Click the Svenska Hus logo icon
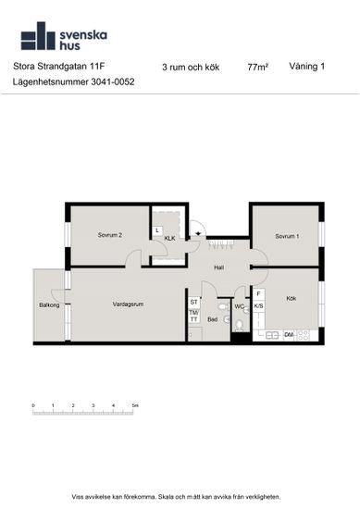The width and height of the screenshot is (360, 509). pyautogui.click(x=38, y=36)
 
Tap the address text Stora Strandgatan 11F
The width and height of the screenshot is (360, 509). pyautogui.click(x=58, y=67)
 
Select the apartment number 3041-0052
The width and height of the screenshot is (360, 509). pyautogui.click(x=113, y=81)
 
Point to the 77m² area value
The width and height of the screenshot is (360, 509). pyautogui.click(x=258, y=67)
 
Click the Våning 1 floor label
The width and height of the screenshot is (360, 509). pyautogui.click(x=306, y=67)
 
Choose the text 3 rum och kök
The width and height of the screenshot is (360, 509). pyautogui.click(x=191, y=68)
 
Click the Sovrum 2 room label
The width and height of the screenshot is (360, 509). pyautogui.click(x=110, y=235)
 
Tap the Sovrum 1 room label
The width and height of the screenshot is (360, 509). pyautogui.click(x=287, y=236)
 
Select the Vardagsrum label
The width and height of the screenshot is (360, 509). pyautogui.click(x=128, y=304)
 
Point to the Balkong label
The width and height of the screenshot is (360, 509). pyautogui.click(x=49, y=305)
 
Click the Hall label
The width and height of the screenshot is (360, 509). pyautogui.click(x=218, y=267)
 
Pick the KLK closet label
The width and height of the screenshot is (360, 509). pyautogui.click(x=169, y=238)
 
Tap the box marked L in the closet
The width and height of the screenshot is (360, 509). pyautogui.click(x=157, y=230)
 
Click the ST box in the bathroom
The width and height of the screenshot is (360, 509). pyautogui.click(x=193, y=303)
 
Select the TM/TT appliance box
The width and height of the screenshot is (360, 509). pyautogui.click(x=193, y=317)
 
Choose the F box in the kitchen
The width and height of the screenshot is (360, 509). pyautogui.click(x=258, y=294)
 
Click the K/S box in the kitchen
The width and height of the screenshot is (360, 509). pyautogui.click(x=258, y=306)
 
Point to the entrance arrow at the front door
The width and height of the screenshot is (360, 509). pyautogui.click(x=198, y=233)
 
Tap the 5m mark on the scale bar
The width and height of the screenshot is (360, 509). pyautogui.click(x=135, y=405)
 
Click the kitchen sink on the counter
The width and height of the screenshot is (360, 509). pyautogui.click(x=272, y=335)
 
